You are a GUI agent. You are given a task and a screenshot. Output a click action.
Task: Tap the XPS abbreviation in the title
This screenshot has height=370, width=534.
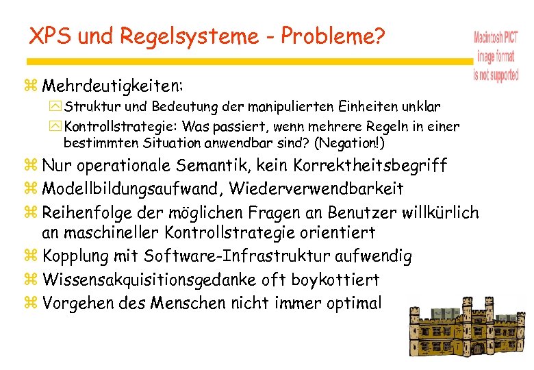coord(51,36)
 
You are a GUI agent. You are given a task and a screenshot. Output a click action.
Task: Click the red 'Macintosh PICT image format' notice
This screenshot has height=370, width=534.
coord(496,56)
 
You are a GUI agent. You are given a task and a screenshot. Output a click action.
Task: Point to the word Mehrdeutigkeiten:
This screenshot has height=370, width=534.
coord(112,86)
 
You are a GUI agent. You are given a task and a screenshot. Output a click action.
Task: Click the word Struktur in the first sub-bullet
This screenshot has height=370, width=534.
coord(86,108)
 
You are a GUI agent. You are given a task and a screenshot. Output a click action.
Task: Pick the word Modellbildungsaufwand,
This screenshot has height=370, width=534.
coord(133,188)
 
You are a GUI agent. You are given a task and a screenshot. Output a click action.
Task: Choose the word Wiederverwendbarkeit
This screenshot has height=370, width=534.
coord(316,188)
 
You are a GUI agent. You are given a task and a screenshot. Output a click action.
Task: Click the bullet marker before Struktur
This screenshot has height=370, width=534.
coord(55,108)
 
